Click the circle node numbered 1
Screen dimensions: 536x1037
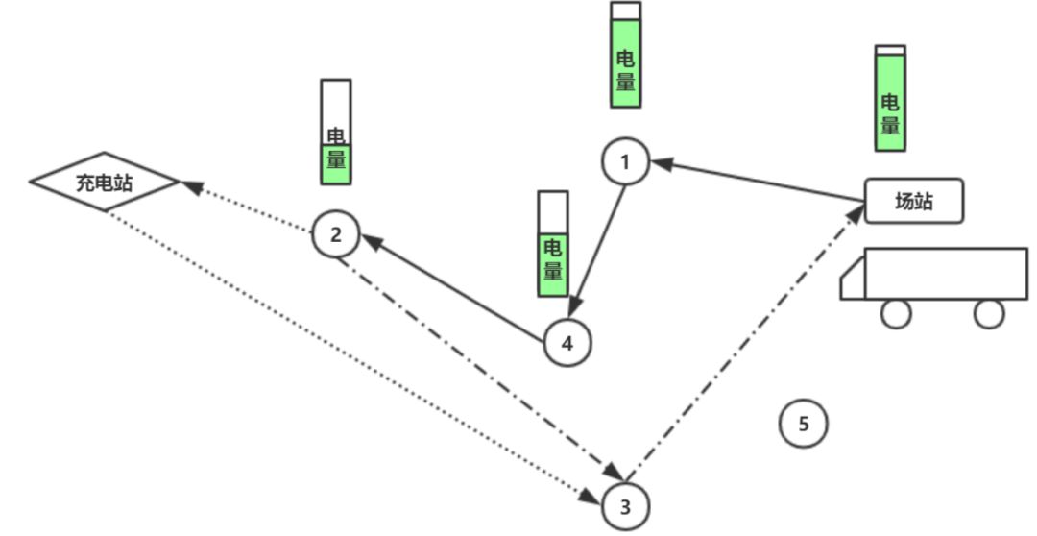pyautogui.click(x=625, y=161)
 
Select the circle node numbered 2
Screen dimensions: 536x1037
pyautogui.click(x=335, y=234)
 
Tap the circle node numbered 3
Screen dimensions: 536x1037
pyautogui.click(x=625, y=506)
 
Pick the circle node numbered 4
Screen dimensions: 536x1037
pyautogui.click(x=567, y=343)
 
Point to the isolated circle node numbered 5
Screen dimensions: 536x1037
pyautogui.click(x=803, y=423)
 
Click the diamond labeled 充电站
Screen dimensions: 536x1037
pyautogui.click(x=105, y=181)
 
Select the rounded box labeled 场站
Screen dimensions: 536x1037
pyautogui.click(x=913, y=202)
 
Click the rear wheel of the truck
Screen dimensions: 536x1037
pyautogui.click(x=988, y=313)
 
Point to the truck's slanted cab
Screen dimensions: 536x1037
pyautogui.click(x=853, y=280)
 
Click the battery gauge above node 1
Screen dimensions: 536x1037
pyautogui.click(x=625, y=54)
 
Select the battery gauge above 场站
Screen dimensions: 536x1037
pyautogui.click(x=889, y=98)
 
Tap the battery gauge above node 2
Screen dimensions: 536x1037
pyautogui.click(x=335, y=132)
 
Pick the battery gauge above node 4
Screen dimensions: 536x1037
pyautogui.click(x=552, y=243)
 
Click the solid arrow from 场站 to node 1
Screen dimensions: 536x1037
pyautogui.click(x=759, y=182)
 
